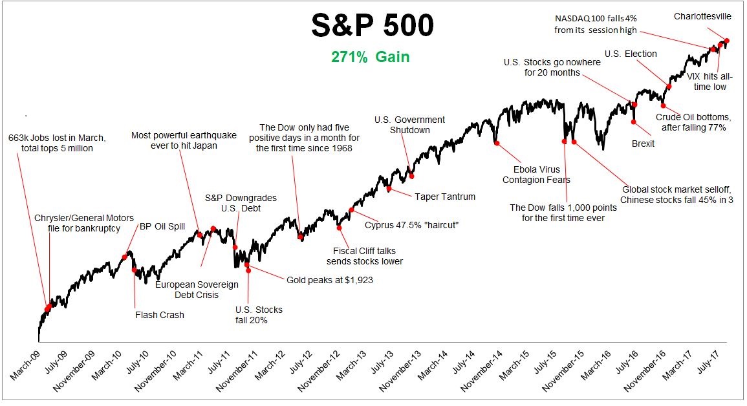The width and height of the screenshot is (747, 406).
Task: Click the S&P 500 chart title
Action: [x=372, y=27]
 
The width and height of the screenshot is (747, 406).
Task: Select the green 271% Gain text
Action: [x=371, y=57]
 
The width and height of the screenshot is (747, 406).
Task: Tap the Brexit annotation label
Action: [x=643, y=144]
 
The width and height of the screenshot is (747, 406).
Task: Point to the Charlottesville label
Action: [x=702, y=16]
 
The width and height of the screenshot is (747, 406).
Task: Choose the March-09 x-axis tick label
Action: [x=25, y=367]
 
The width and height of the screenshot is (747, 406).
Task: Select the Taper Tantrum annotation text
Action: [x=445, y=197]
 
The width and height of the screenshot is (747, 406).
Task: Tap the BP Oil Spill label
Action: [x=162, y=226]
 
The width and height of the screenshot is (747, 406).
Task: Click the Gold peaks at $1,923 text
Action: [x=330, y=280]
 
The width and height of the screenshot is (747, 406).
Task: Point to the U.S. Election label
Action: [x=631, y=54]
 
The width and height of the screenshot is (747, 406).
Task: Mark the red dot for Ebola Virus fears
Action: [x=497, y=144]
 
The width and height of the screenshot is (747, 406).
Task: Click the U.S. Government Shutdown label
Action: [x=410, y=125]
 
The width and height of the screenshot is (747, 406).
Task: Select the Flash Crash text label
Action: [x=160, y=315]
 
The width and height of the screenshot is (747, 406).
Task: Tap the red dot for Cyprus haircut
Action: [x=352, y=210]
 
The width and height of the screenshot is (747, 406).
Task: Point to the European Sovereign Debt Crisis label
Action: [x=197, y=290]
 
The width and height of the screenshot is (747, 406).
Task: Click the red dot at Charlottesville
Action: [x=727, y=41]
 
